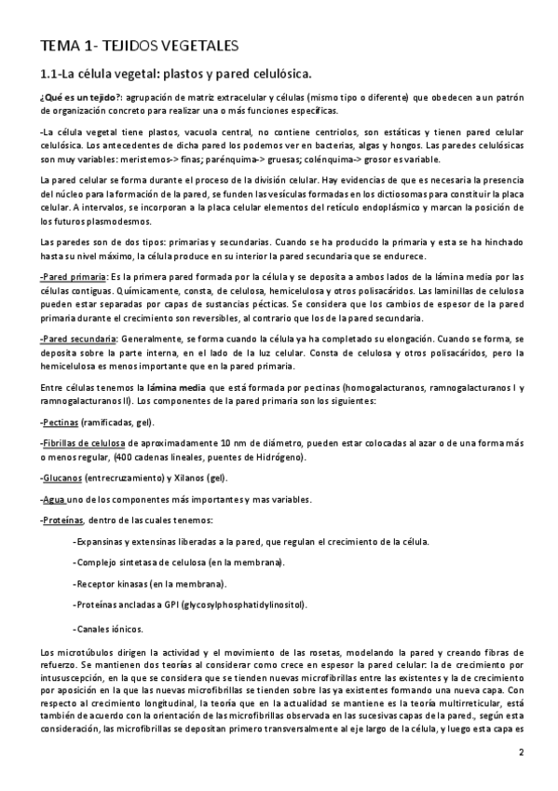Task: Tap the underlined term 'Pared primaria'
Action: tap(75, 278)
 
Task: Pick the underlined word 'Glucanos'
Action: tap(61, 478)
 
